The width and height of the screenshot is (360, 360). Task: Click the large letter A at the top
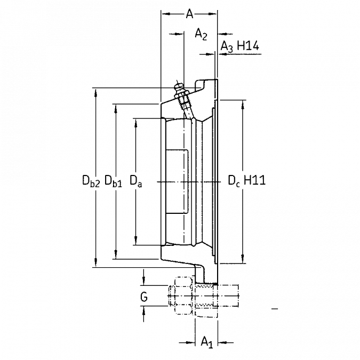[189, 14]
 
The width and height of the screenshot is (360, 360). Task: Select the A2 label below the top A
[200, 35]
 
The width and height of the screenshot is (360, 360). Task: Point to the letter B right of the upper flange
[243, 106]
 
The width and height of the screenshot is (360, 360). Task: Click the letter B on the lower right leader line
[243, 259]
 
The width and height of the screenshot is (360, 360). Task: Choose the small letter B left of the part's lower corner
[137, 238]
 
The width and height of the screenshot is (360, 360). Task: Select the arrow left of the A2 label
[173, 35]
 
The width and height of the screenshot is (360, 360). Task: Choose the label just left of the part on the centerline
[137, 181]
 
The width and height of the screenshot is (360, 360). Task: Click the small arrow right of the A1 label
[223, 340]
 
